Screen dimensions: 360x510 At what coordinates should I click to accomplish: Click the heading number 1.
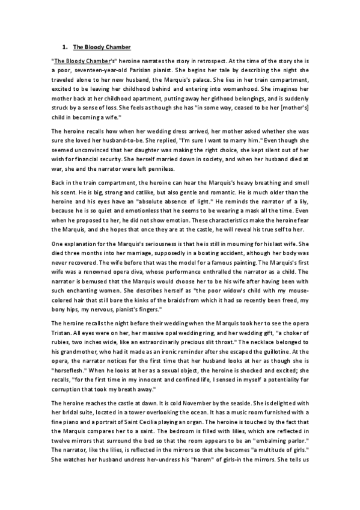coord(65,46)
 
